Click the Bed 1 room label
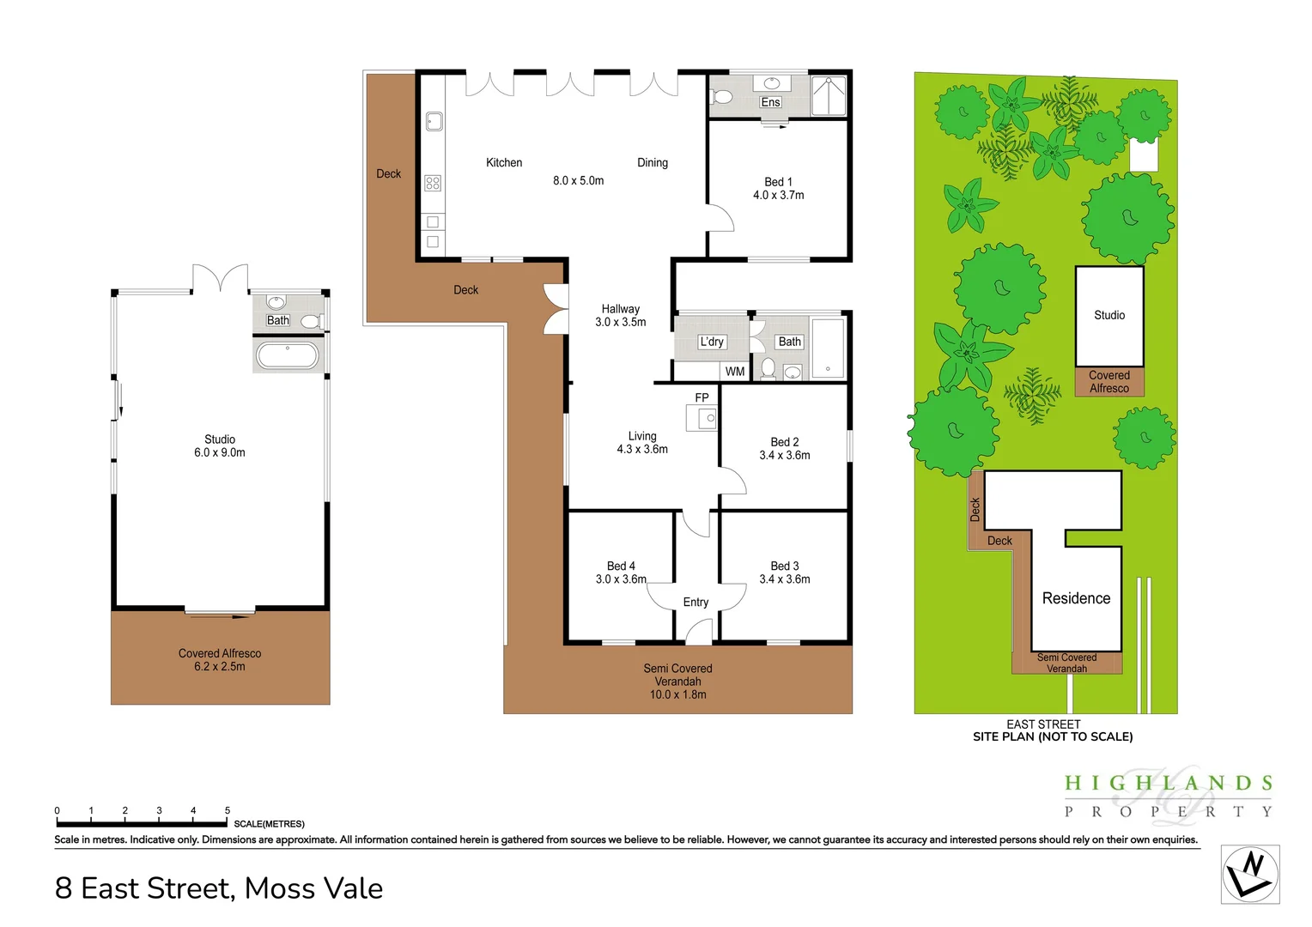click(x=778, y=182)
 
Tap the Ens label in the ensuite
click(x=770, y=102)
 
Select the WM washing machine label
click(x=735, y=372)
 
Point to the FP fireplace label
click(x=702, y=397)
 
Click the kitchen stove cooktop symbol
click(x=433, y=183)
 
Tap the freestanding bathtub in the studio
click(x=288, y=354)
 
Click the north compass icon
click(x=1250, y=874)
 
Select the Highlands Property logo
click(x=1168, y=795)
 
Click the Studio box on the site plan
click(x=1109, y=316)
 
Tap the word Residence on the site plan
click(x=1076, y=598)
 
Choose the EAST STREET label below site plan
click(x=1043, y=724)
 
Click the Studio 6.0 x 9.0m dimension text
click(x=220, y=452)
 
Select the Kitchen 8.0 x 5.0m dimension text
click(x=578, y=180)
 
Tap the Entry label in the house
click(x=695, y=603)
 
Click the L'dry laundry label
click(x=712, y=342)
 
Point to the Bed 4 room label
click(x=621, y=566)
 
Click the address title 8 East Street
click(x=219, y=888)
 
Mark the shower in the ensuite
click(x=829, y=96)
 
